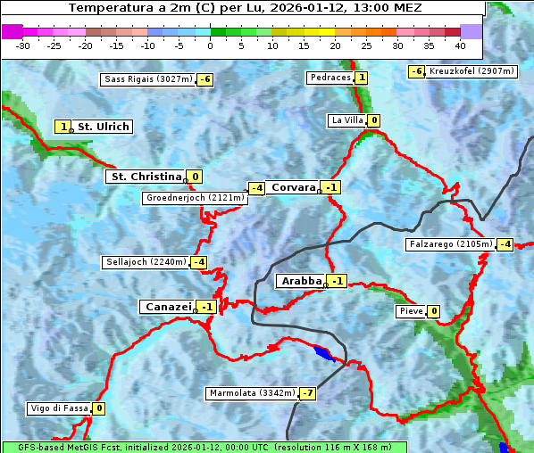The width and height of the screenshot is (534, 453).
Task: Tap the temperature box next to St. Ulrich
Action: pyautogui.click(x=63, y=127)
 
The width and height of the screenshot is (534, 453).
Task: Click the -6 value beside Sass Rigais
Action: pyautogui.click(x=205, y=79)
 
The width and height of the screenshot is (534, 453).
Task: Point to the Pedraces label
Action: pyautogui.click(x=330, y=78)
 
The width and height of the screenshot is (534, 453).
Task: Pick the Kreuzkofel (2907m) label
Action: pyautogui.click(x=471, y=71)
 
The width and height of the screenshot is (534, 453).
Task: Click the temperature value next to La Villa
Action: pyautogui.click(x=374, y=120)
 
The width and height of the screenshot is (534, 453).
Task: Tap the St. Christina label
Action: pyautogui.click(x=146, y=177)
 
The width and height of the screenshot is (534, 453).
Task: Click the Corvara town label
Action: pyautogui.click(x=294, y=187)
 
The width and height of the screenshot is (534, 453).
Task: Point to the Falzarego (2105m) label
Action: pyautogui.click(x=450, y=244)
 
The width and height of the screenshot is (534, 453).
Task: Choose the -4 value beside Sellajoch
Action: pyautogui.click(x=198, y=262)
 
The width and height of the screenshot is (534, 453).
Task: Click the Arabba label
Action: pyautogui.click(x=301, y=281)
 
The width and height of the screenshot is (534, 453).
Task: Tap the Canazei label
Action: pyautogui.click(x=167, y=307)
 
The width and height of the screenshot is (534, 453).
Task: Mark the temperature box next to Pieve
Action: pyautogui.click(x=433, y=311)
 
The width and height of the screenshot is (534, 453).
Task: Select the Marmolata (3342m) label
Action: pyautogui.click(x=252, y=393)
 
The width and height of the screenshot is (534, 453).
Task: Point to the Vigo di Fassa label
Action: pyautogui.click(x=59, y=408)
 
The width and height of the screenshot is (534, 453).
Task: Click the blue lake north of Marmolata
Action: pyautogui.click(x=326, y=355)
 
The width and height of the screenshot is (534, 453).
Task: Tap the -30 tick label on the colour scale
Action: pyautogui.click(x=23, y=45)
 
